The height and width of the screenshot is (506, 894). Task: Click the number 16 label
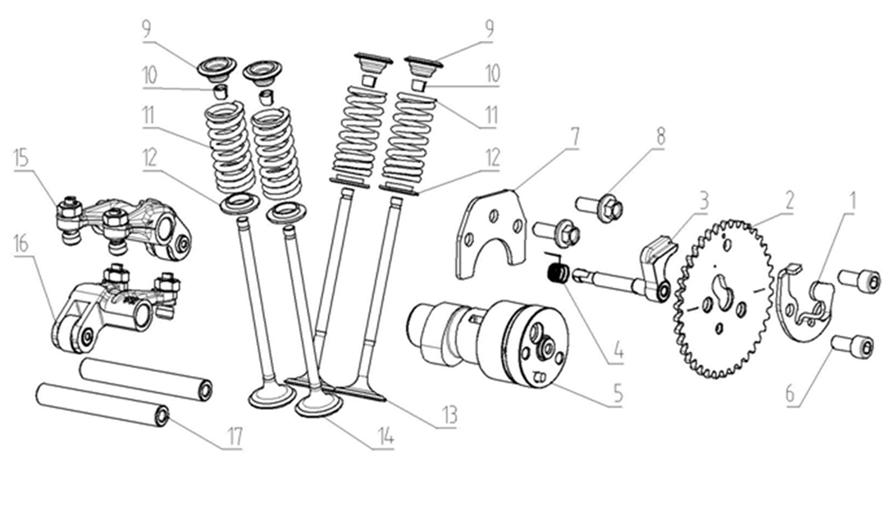point(21,243)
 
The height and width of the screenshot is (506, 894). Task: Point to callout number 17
point(235,437)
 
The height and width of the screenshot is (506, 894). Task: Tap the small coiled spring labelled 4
point(556,270)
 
